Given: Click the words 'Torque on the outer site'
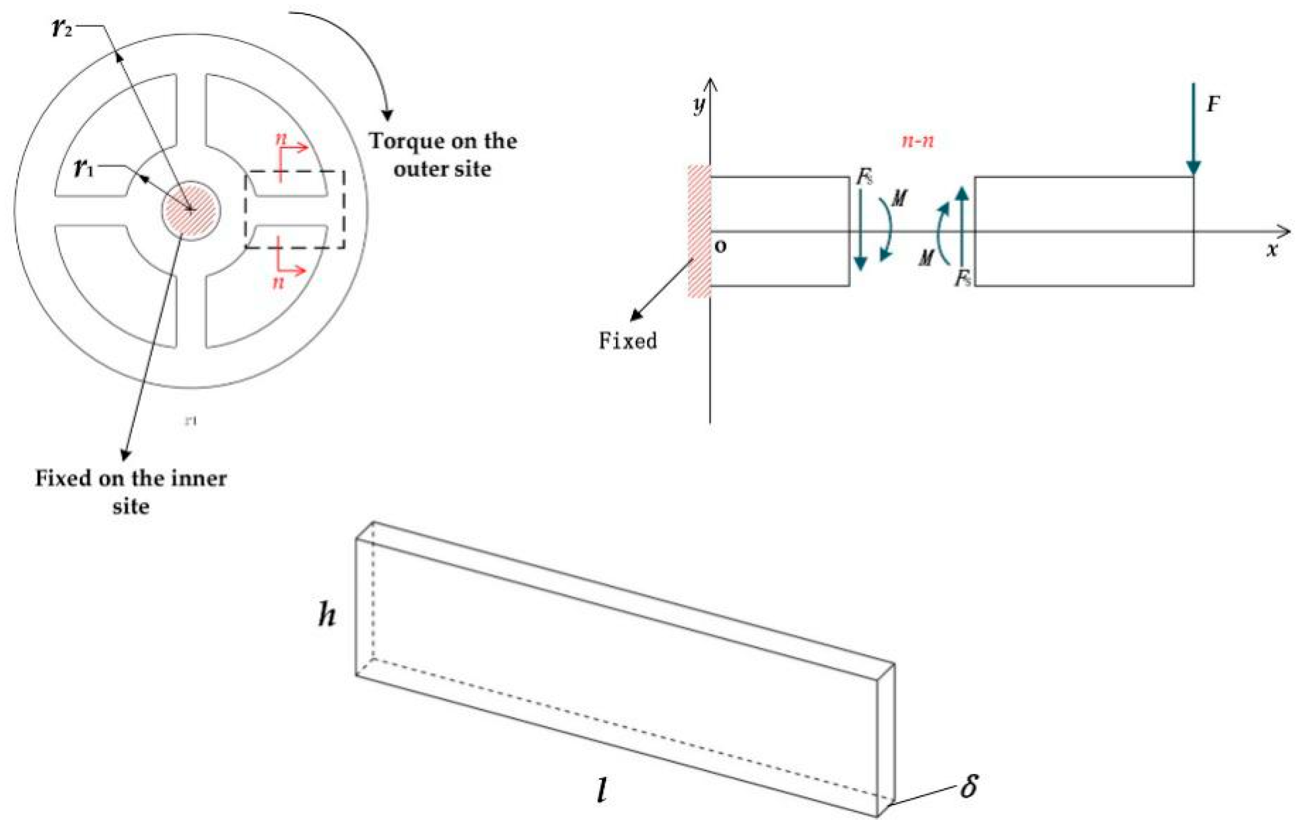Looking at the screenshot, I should pos(442,155).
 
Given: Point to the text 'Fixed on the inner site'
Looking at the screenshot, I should pos(130,492).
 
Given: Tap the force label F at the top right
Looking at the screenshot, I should pos(1213,104).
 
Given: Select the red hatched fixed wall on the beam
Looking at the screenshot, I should pos(698,231).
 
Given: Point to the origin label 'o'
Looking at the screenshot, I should pos(721,247).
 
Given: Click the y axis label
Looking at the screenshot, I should pos(699,105).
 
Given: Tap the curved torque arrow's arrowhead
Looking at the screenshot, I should pos(387,114).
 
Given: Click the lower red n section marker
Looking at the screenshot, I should pos(278,281).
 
